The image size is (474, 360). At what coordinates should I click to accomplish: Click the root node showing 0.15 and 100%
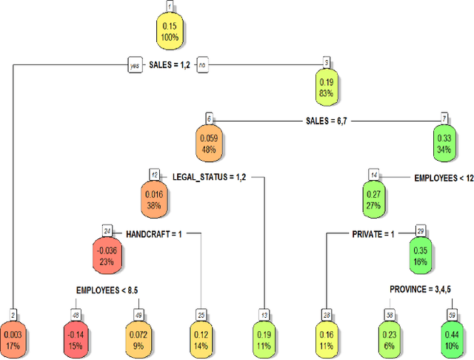click(170, 31)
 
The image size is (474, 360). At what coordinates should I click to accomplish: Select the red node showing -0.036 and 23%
click(108, 250)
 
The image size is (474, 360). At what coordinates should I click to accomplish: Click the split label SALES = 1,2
click(170, 65)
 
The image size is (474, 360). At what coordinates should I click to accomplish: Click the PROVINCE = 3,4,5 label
click(418, 288)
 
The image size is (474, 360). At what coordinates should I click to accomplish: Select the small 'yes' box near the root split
click(134, 65)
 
